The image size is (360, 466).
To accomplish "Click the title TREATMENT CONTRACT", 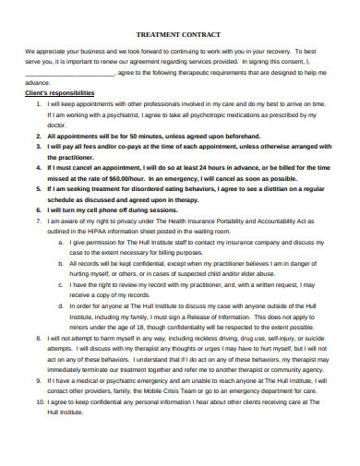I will [x=180, y=30].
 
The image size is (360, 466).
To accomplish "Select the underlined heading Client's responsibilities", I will [x=59, y=93].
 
